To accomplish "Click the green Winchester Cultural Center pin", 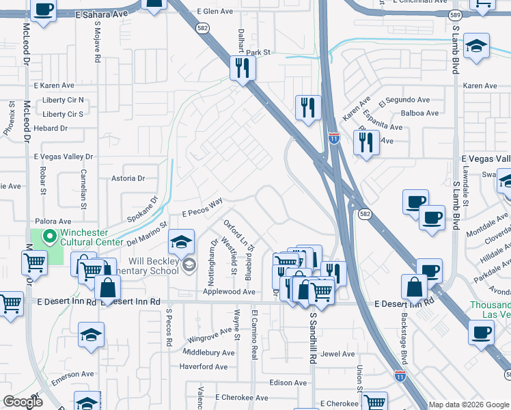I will click(x=49, y=237).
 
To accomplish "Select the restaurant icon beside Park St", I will click(x=243, y=68).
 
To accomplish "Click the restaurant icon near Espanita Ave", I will click(x=367, y=142).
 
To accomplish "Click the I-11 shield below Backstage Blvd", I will click(x=400, y=375).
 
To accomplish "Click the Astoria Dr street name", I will click(x=128, y=178).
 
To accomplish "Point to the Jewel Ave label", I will click(x=338, y=354).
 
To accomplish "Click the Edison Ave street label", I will click(x=288, y=383).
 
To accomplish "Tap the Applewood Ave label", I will click(x=229, y=292).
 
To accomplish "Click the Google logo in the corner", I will click(x=22, y=402).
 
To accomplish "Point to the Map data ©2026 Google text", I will click(x=467, y=405).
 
